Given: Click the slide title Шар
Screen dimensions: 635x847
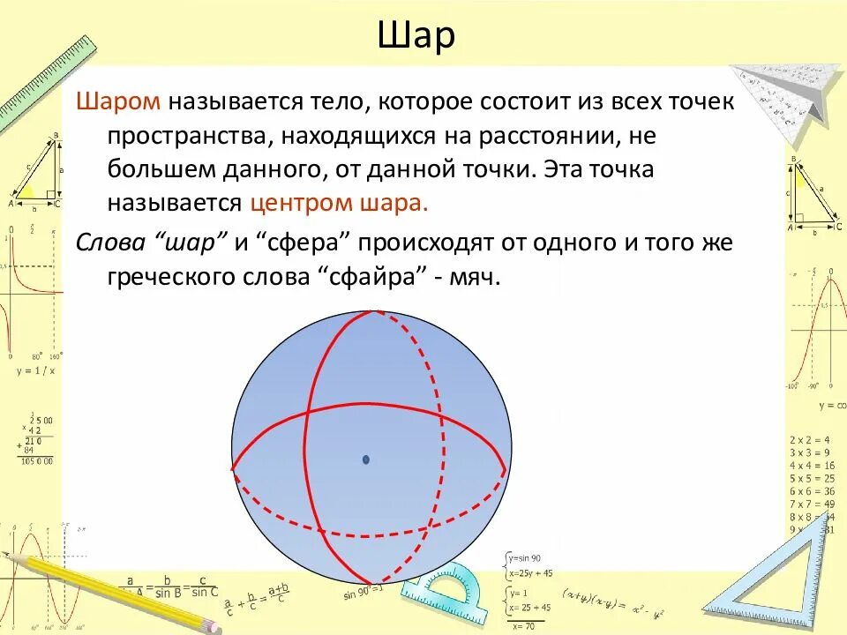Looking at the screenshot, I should (x=416, y=37).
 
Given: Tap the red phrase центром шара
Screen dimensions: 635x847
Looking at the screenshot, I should (x=340, y=202).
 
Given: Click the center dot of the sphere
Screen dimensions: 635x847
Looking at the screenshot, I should (x=366, y=459).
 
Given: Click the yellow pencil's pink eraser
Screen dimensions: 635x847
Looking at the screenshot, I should (x=212, y=624).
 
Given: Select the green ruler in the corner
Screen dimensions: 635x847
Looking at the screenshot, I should (x=49, y=84).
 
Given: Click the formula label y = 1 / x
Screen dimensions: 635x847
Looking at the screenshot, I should (x=35, y=370).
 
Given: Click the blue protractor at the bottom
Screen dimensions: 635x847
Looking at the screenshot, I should (x=441, y=600).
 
